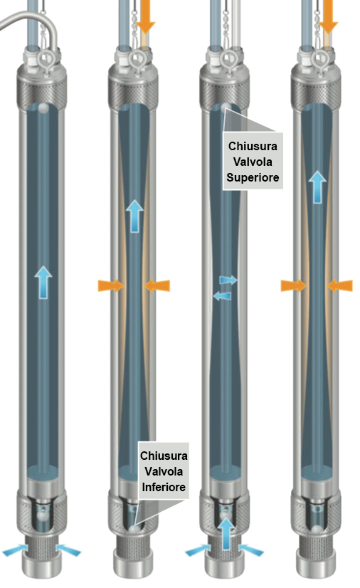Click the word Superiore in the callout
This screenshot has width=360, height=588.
point(253,177)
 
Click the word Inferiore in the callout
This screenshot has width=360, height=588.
point(164,487)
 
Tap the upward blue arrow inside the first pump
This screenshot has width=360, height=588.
point(43,283)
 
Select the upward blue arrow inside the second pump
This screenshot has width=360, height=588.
point(134,216)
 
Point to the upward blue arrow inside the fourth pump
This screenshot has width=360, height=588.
point(317,187)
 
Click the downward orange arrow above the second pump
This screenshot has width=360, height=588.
point(145,16)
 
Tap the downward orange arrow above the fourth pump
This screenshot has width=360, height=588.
point(328,16)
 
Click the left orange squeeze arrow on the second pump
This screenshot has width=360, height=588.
point(110,285)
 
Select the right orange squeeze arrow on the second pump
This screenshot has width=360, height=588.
point(157,285)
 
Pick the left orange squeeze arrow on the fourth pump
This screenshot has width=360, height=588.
point(293,285)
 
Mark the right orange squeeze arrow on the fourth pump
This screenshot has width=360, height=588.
point(340,285)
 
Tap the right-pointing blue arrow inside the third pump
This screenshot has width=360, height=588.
point(228,280)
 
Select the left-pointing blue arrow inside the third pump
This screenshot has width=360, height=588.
point(222,296)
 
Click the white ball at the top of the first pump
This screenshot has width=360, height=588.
point(43,108)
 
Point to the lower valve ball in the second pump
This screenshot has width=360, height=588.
point(134,529)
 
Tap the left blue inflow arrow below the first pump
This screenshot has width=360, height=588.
point(15,551)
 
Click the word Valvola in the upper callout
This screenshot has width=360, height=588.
point(253,162)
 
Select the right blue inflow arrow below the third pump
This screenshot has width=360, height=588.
point(251,550)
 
